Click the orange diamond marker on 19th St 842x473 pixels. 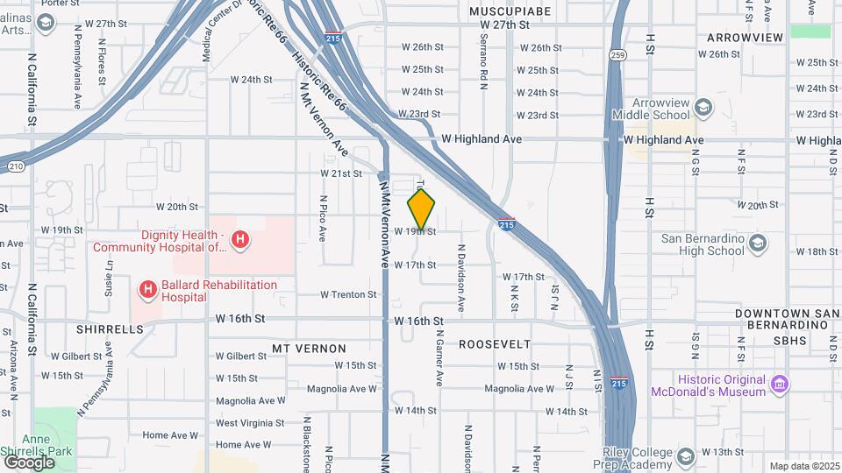(x=421, y=209)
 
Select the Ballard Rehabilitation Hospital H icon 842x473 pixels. (x=147, y=288)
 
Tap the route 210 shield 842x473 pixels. (x=17, y=166)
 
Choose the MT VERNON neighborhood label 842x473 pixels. (x=303, y=349)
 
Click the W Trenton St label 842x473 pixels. (x=348, y=294)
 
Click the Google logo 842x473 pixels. (x=28, y=462)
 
